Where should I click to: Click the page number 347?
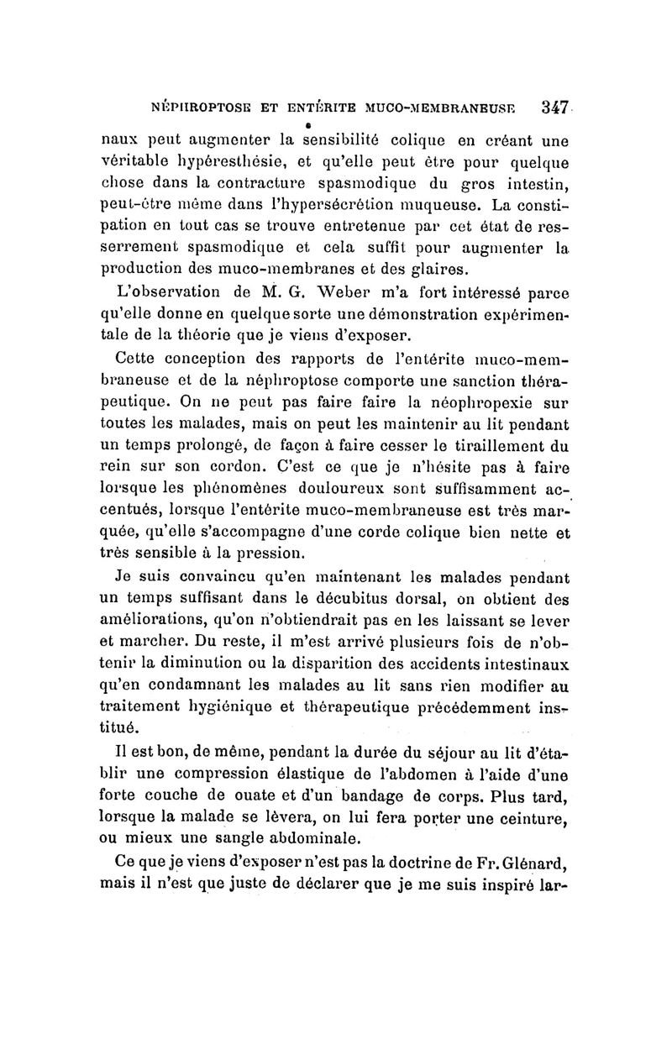coord(557,108)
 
